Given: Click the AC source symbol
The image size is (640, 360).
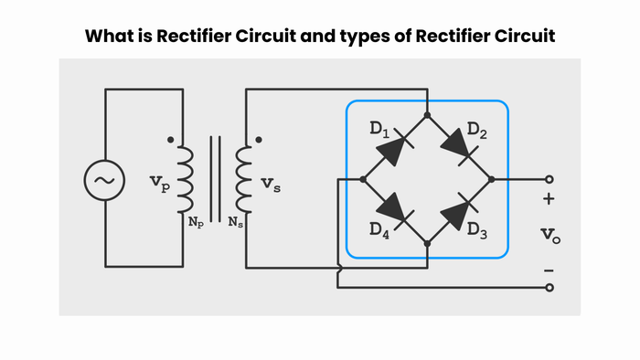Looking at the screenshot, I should click(x=104, y=180).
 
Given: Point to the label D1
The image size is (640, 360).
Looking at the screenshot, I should click(x=380, y=130).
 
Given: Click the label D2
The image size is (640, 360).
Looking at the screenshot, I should click(x=476, y=131).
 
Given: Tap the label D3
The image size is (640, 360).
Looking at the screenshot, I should click(x=476, y=230).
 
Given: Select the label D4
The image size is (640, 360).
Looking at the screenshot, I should click(x=381, y=230).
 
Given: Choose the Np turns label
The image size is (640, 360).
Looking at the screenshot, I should click(x=196, y=222).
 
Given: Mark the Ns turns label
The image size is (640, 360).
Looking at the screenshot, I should click(x=236, y=222).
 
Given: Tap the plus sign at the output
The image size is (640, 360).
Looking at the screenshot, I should click(x=549, y=199).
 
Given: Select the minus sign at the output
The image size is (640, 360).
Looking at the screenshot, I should click(x=549, y=270).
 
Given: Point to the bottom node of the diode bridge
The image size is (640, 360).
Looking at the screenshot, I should click(x=427, y=243).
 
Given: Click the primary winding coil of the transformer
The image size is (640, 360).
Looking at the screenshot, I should click(x=185, y=180).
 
